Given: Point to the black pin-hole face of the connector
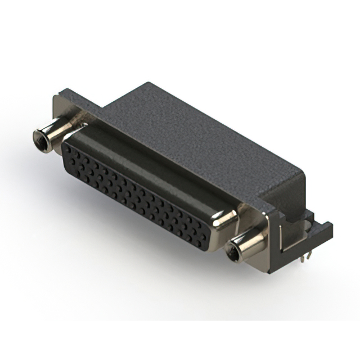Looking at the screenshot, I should [135, 191].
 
